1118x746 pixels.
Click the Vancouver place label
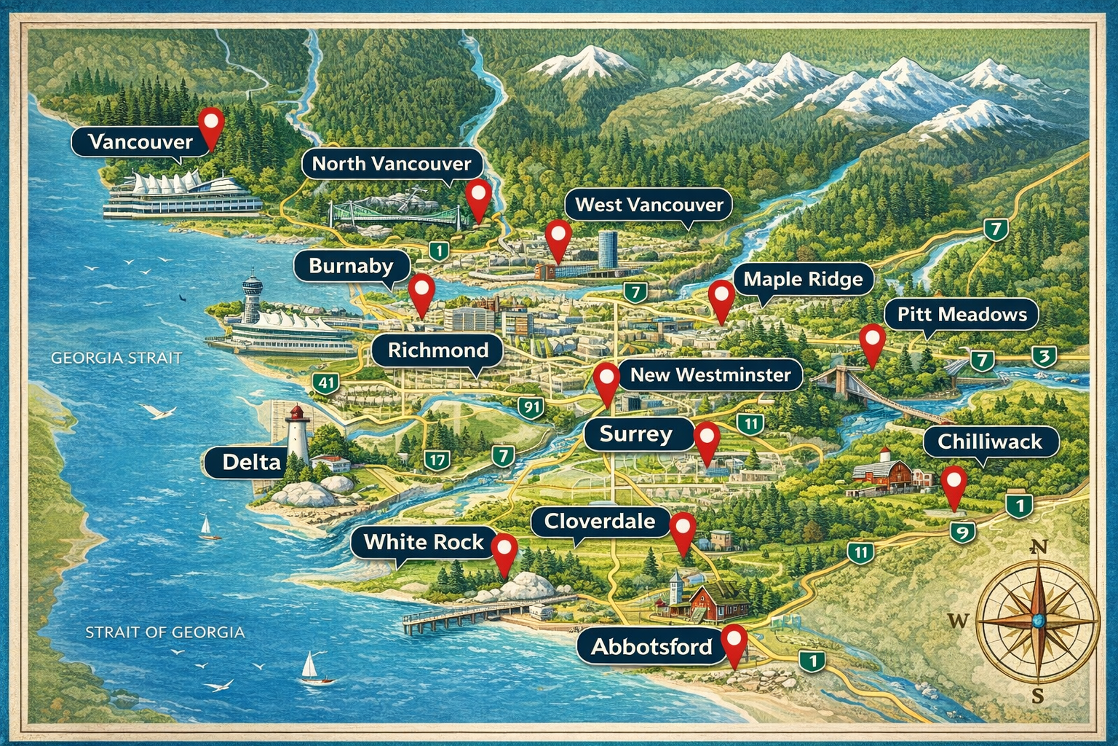(140, 141)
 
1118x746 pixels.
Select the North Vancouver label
(392, 164)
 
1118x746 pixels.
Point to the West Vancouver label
(649, 205)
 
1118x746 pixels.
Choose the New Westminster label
(710, 375)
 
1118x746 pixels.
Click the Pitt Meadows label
(962, 315)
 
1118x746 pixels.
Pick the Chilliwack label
(989, 441)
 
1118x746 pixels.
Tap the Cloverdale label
(599, 522)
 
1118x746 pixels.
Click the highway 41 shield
(326, 382)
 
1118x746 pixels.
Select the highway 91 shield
(531, 407)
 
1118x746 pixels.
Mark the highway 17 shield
(437, 460)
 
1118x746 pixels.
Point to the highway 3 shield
(1044, 357)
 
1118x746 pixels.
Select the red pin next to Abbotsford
(735, 642)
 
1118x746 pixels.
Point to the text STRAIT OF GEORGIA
(164, 632)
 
